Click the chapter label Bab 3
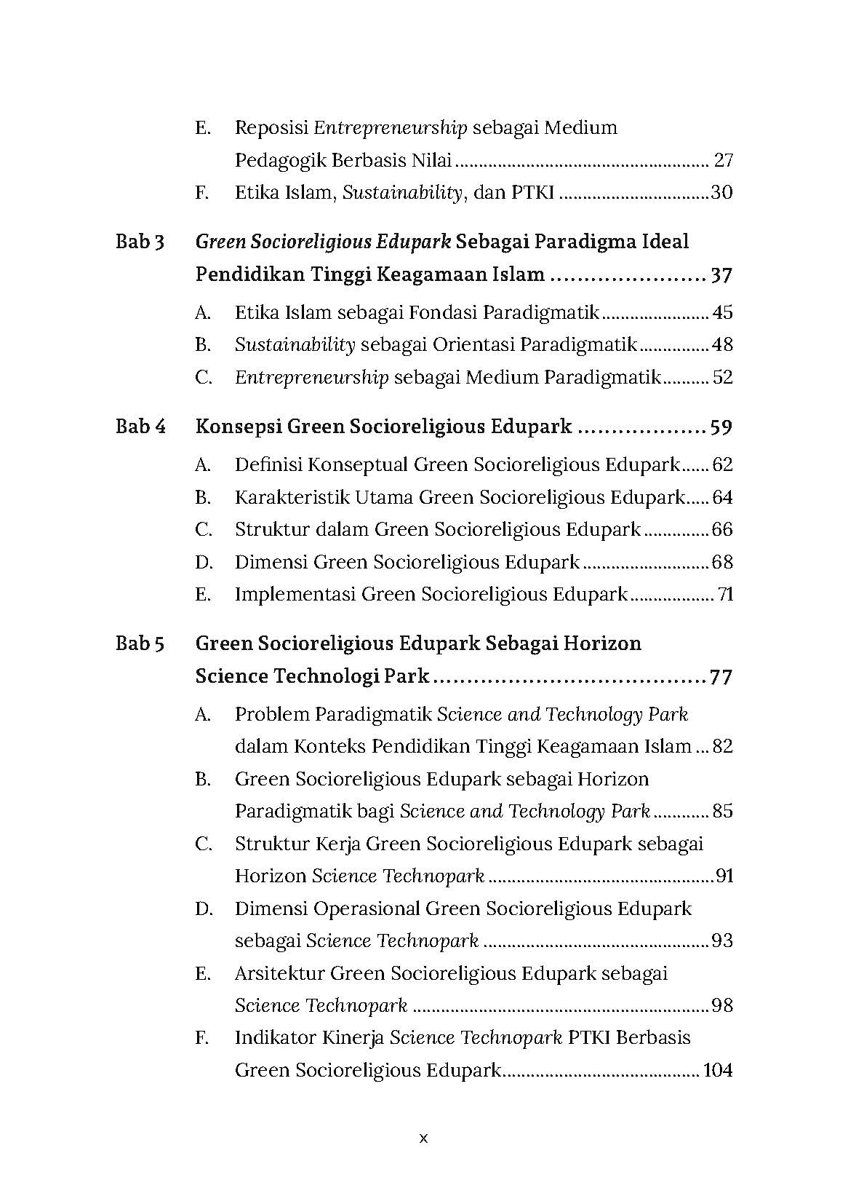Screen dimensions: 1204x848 [x=140, y=242]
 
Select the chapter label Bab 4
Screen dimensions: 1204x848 [x=140, y=427]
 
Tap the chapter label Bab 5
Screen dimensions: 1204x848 [x=140, y=643]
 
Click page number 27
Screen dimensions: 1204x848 [x=723, y=160]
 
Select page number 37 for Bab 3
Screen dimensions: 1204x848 [x=721, y=276]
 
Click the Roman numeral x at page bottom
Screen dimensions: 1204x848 [x=424, y=1138]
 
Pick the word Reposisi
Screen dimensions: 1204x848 [x=271, y=128]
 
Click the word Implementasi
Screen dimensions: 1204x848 [x=295, y=595]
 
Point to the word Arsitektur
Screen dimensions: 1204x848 [x=279, y=973]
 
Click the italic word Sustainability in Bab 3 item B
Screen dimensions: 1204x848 [x=295, y=345]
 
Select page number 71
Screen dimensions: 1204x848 [x=725, y=595]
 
